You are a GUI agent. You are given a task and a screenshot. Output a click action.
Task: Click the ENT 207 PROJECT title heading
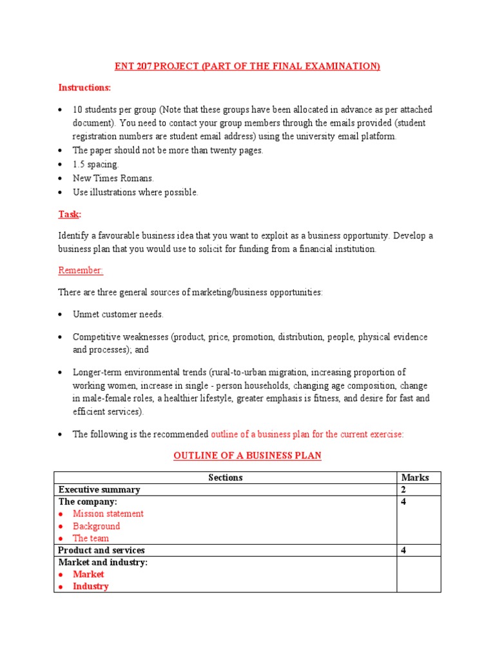point(247,66)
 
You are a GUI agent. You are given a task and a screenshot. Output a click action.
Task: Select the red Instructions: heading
point(84,88)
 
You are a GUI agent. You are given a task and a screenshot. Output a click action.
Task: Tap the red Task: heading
point(70,214)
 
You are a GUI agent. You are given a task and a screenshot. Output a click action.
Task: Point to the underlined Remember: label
point(81,271)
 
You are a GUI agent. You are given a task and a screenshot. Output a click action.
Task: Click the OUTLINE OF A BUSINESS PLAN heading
point(247,456)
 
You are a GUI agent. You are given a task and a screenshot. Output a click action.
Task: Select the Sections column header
point(226,478)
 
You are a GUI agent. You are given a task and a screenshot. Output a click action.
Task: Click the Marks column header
point(414,478)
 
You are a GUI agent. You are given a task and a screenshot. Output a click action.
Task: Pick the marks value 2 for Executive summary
point(403,490)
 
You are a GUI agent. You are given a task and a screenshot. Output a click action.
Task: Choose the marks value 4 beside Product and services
point(403,550)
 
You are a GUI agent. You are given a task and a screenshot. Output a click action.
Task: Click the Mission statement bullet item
point(108,514)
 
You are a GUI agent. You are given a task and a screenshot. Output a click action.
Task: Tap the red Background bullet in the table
point(96,526)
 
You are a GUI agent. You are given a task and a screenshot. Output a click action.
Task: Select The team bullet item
point(90,538)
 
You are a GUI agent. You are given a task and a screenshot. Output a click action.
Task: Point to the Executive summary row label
point(99,490)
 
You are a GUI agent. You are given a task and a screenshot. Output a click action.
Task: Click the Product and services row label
point(101,550)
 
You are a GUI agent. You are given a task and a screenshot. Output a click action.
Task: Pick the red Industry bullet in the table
point(90,587)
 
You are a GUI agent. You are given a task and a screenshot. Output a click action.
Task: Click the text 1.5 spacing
point(95,164)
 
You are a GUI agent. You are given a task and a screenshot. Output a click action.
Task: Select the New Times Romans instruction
point(113,179)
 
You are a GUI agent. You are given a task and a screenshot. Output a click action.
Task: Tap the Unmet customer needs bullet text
point(118,315)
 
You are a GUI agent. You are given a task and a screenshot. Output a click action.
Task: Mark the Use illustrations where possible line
point(135,192)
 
